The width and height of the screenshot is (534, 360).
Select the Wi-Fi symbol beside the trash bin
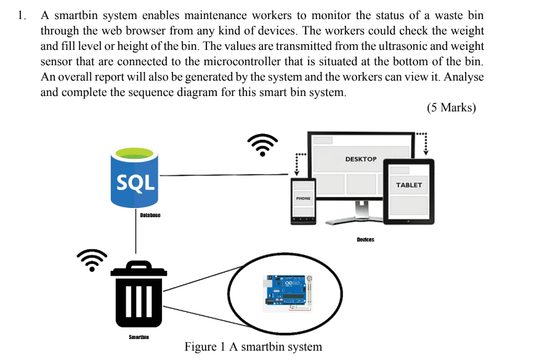click(92, 259)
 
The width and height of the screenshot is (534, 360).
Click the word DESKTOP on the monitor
click(361, 159)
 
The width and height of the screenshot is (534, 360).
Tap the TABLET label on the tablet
click(409, 185)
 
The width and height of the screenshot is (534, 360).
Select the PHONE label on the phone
click(303, 199)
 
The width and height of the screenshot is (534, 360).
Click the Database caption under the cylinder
click(150, 215)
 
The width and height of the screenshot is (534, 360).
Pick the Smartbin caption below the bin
click(139, 337)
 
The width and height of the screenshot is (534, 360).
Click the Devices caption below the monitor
click(365, 239)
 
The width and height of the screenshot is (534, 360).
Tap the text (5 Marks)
click(451, 108)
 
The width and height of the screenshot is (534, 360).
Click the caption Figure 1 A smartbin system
click(253, 346)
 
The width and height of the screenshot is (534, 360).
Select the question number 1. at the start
click(23, 15)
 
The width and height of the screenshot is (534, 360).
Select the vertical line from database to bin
click(136, 234)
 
